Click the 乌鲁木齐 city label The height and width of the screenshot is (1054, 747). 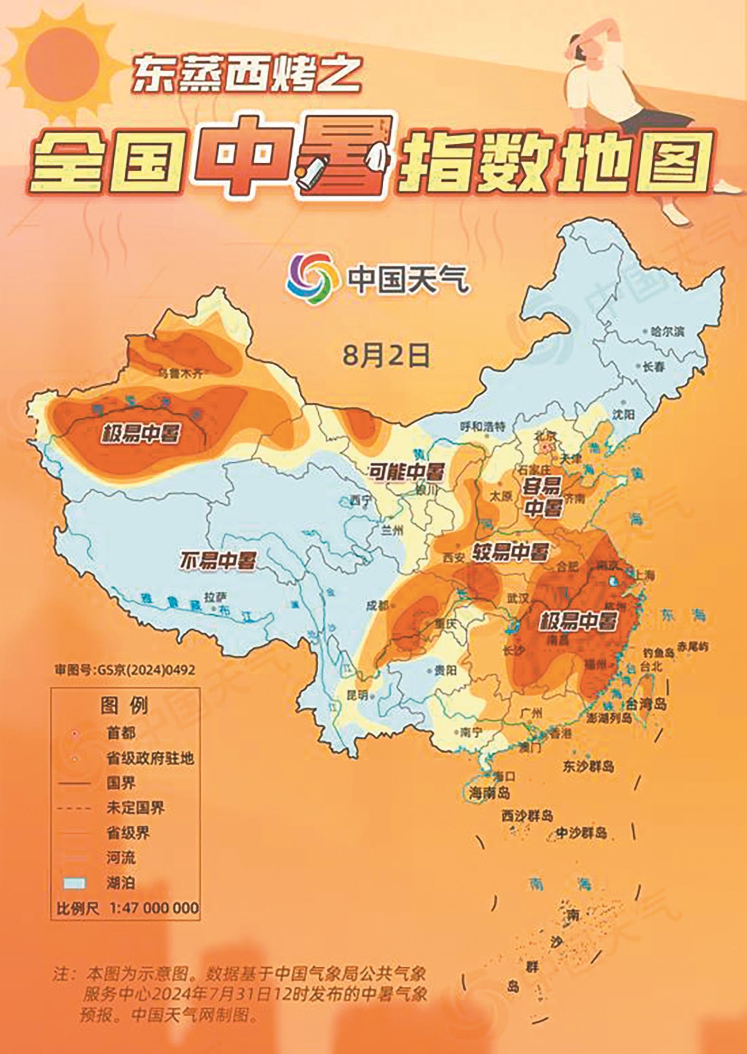180,373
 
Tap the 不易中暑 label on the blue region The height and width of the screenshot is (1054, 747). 217,561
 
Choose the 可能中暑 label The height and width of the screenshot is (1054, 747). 407,472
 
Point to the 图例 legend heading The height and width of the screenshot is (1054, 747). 124,706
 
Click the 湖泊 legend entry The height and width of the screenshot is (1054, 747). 120,883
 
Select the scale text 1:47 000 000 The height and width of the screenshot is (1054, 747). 154,908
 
